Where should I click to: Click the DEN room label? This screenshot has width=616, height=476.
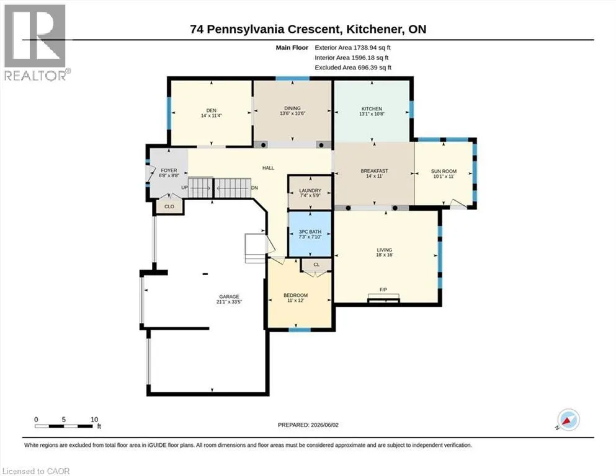point(212,111)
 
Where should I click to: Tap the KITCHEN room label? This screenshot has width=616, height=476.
point(372,108)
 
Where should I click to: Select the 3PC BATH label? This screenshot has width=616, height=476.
point(310,232)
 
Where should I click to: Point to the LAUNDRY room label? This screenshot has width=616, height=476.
point(310,191)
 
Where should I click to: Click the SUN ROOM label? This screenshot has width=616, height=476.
point(444,172)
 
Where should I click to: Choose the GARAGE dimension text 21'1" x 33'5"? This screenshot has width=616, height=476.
point(229,302)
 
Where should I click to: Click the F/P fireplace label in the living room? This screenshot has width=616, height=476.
point(383,289)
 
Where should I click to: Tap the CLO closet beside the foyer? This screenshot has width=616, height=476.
point(169,206)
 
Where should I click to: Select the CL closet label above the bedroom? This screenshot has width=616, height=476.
point(316,265)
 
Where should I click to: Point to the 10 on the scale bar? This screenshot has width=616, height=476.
point(94,420)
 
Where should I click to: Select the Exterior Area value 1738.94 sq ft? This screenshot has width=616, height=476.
point(372,48)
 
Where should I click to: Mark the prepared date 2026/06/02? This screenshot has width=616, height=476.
point(324,425)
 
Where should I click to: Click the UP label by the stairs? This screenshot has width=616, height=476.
point(184,188)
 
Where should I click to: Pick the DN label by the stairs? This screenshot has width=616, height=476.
point(254,188)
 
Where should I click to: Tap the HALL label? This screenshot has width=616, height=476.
point(269,168)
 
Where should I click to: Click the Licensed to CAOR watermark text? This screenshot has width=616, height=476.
point(36,471)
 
